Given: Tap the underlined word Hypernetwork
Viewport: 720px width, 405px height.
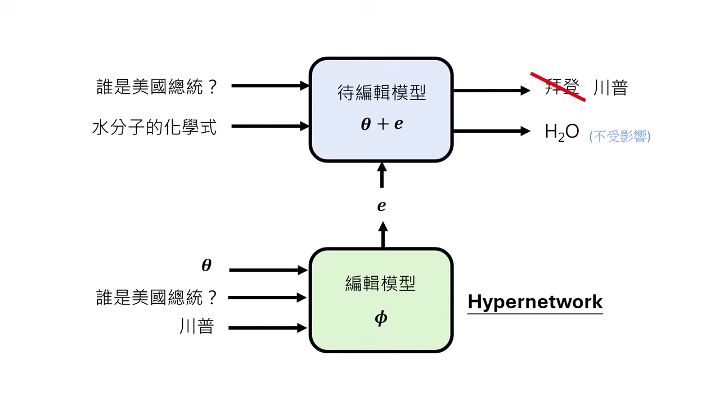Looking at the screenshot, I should pos(535,302).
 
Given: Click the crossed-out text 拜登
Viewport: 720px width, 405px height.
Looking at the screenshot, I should pos(561,88).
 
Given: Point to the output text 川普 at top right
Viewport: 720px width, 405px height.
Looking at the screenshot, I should pos(610,88).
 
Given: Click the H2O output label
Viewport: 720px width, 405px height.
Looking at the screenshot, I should pos(561,132).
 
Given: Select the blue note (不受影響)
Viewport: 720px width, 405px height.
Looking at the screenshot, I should pos(620,136).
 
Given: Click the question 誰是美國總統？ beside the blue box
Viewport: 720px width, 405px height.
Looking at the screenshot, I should pos(156,87).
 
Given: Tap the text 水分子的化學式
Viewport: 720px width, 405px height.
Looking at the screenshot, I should pos(154,127).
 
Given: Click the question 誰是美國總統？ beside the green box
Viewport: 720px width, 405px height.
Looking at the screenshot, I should pos(156,298).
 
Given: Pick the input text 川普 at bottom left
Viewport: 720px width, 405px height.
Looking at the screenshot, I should pos(197,327).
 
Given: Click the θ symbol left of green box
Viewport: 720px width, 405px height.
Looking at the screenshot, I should pos(206,265).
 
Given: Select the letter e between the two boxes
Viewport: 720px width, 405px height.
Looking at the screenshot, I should pos(381,206).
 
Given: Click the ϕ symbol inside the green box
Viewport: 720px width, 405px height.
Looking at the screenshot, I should pos(381,318).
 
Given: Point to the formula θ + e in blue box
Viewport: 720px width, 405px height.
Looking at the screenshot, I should pos(381,124).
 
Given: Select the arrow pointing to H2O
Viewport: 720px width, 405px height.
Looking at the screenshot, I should pos(491,131).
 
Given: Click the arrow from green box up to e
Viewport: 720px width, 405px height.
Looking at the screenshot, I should pos(382,235).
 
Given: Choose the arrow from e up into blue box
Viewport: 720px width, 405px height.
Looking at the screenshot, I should pos(382,175).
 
